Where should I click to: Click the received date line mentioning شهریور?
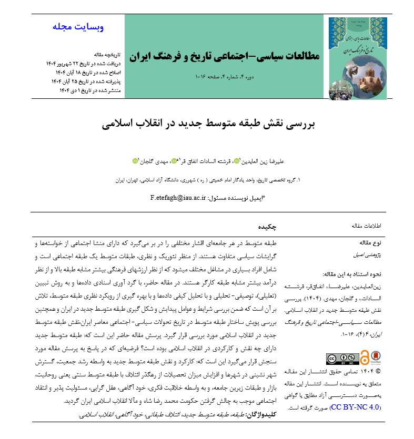(x=84, y=64)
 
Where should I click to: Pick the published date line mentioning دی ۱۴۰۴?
(x=90, y=90)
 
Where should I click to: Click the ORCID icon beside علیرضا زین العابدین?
(x=236, y=161)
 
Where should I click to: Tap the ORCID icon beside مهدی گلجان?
(x=135, y=161)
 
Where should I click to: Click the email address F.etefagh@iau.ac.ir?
(x=179, y=198)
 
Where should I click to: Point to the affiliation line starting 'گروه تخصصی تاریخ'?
(x=208, y=179)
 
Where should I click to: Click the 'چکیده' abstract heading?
(x=267, y=226)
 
